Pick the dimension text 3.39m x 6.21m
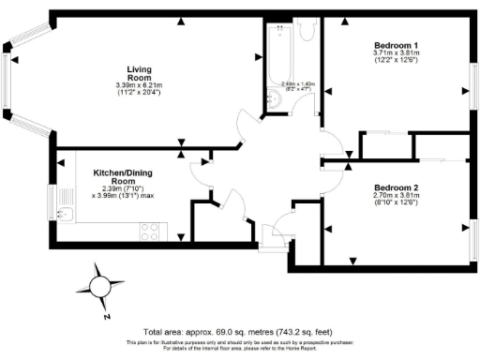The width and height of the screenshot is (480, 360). click(145, 86)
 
